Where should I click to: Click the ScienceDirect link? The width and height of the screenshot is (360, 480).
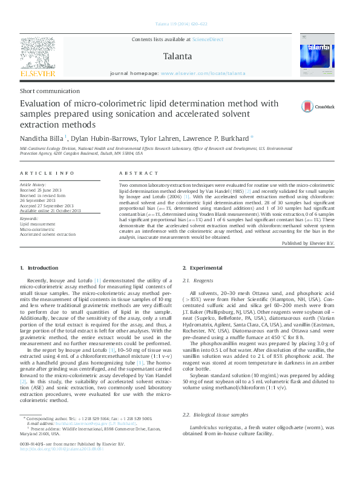tap(208, 39)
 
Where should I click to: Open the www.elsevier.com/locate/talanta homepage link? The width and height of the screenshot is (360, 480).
tap(203, 73)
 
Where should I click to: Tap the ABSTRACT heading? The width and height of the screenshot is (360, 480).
tap(136, 174)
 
